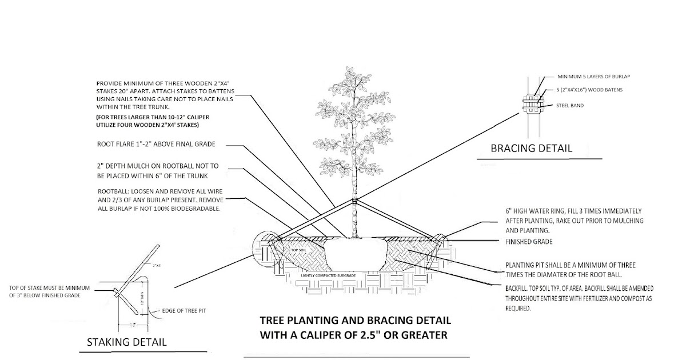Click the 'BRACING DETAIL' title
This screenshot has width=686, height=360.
(531, 149)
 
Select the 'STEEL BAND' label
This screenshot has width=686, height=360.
(570, 106)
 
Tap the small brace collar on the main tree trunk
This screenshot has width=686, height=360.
(354, 201)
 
